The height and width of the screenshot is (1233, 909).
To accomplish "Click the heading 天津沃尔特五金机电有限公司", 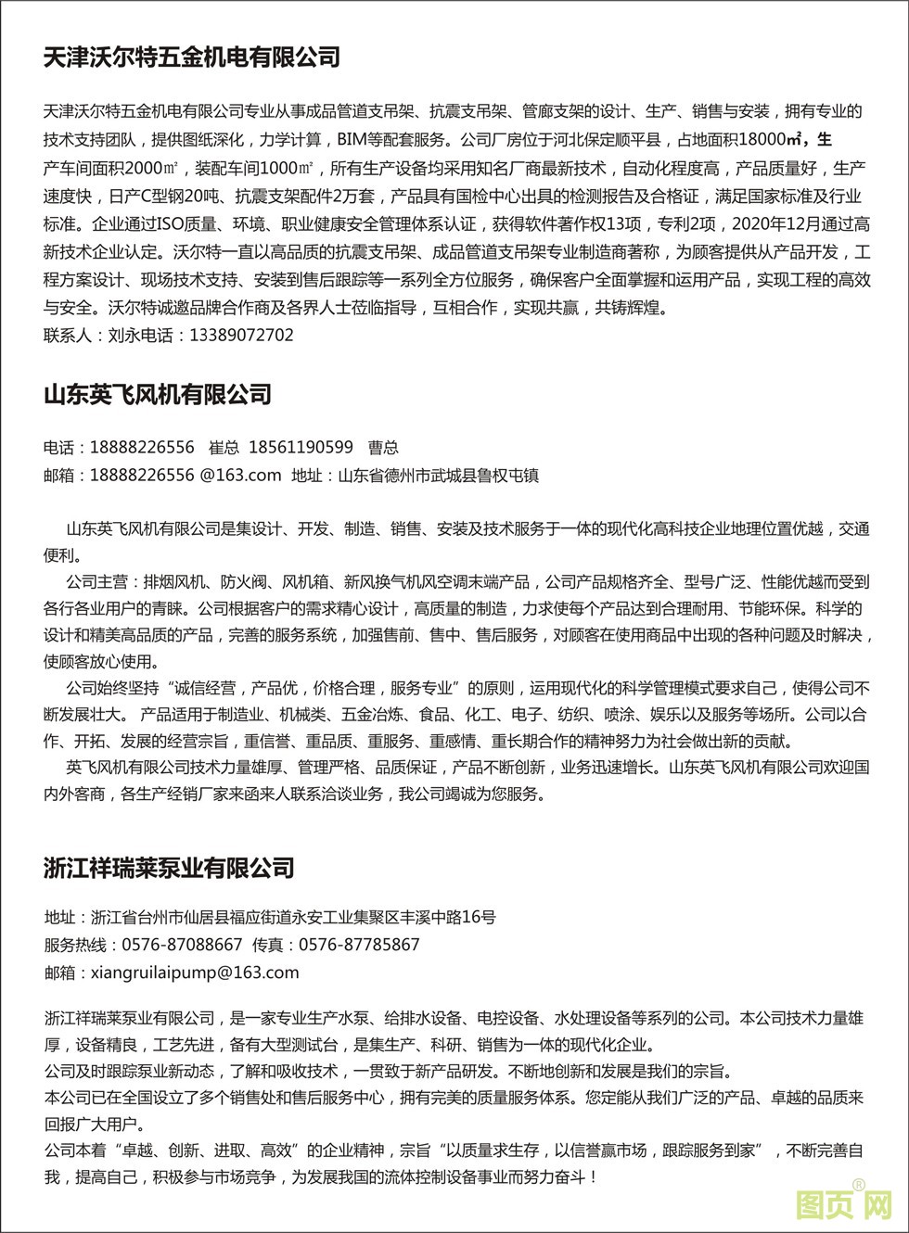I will [192, 57].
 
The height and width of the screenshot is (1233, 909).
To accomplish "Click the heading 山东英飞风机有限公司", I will [158, 395].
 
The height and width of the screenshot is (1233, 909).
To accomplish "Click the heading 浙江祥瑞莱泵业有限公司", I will [169, 869].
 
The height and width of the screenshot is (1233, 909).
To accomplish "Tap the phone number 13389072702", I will [241, 336].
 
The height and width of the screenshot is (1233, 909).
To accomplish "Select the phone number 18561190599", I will [301, 448].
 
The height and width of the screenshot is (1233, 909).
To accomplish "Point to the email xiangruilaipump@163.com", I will [195, 972].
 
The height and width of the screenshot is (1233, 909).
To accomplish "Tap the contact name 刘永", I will [123, 336].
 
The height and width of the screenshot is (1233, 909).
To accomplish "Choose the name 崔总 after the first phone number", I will [224, 448].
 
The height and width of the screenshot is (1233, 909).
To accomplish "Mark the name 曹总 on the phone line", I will [383, 448].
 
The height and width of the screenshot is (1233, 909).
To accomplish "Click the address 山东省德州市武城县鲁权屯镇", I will [438, 476].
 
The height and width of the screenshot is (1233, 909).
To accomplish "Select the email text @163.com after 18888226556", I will [240, 476].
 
